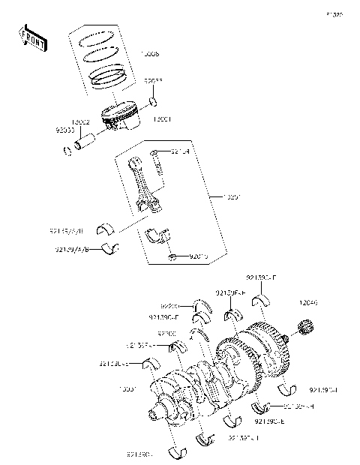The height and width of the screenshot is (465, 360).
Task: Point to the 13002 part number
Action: pos(81,122)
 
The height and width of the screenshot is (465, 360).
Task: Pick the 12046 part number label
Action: pos(309,304)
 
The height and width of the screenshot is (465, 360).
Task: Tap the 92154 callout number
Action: pos(180,151)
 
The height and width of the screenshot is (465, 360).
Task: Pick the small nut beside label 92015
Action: pos(172,257)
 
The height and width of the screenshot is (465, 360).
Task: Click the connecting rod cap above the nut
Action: pos(158,234)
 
